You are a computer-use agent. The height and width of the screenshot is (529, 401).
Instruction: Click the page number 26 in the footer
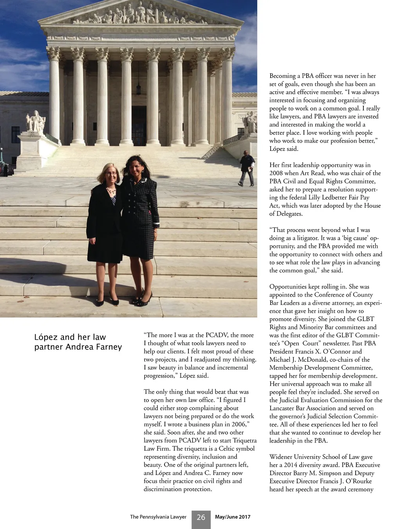tap(201, 517)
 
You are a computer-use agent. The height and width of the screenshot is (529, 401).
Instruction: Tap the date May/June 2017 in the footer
tap(233, 517)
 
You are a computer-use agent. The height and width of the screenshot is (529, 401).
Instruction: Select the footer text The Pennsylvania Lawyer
tap(158, 517)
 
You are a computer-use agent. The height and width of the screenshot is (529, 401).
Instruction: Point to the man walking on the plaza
tap(247, 168)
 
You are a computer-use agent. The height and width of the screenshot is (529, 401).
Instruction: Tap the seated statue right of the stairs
tap(250, 122)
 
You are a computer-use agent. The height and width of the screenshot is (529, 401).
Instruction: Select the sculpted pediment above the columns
tap(141, 15)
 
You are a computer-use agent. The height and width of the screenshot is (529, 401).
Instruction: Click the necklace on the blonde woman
tap(111, 192)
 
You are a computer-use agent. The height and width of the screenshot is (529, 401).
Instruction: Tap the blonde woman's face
tap(110, 174)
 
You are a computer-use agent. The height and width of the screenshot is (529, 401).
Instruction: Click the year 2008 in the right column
tap(276, 173)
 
